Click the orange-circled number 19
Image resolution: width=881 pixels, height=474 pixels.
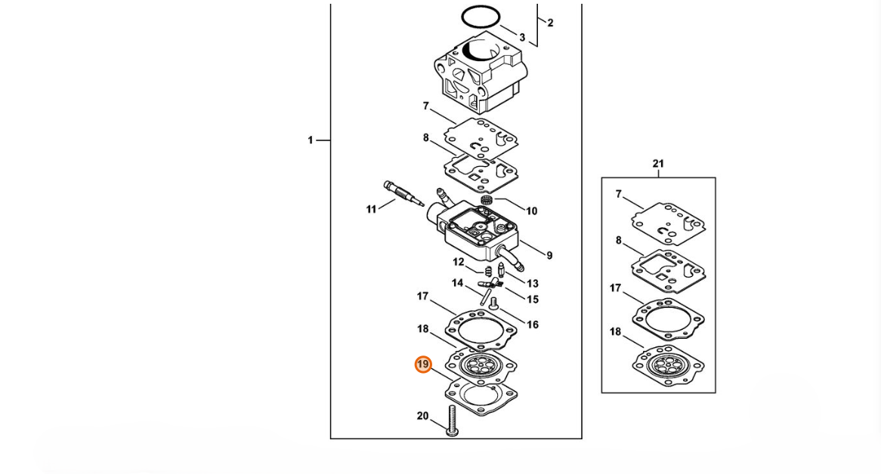click(x=423, y=365)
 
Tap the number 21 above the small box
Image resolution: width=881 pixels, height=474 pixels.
click(x=658, y=164)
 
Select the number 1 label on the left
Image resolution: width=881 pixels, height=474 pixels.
click(x=310, y=140)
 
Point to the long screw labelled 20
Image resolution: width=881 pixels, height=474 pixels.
click(x=453, y=420)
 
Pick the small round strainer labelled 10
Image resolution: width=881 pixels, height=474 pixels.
click(x=487, y=200)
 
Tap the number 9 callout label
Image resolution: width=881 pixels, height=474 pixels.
click(x=549, y=256)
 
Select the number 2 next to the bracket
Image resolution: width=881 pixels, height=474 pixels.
click(x=550, y=23)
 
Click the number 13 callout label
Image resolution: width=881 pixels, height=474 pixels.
click(x=533, y=284)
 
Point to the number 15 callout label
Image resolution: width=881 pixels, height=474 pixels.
click(x=533, y=300)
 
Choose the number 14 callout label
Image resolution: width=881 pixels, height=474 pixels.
click(x=457, y=283)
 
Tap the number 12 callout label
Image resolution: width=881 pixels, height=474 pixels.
click(x=459, y=262)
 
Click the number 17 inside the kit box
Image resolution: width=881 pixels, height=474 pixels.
click(x=615, y=288)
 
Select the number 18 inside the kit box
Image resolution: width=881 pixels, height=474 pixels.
click(x=615, y=332)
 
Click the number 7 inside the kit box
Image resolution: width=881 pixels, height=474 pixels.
click(x=619, y=195)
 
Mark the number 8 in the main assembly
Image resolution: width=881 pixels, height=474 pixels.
click(x=426, y=138)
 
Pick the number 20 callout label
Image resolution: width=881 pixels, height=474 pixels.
click(x=422, y=416)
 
